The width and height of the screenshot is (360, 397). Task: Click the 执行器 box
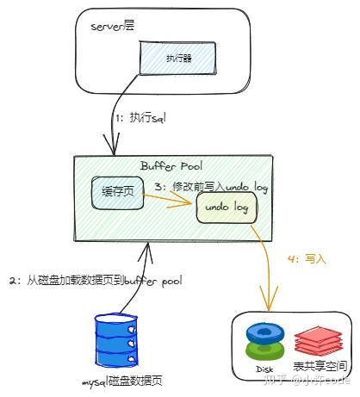[178, 58]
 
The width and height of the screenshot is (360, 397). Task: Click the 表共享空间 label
[314, 366]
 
